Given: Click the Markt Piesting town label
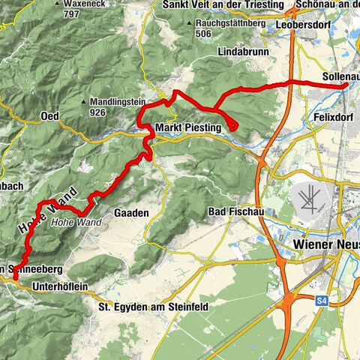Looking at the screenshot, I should [x=188, y=128].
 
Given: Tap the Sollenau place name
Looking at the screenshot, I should [x=338, y=76].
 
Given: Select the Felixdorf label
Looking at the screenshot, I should [x=331, y=118].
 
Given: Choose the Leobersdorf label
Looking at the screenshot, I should [x=305, y=23].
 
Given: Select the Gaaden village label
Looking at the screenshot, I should [x=131, y=213].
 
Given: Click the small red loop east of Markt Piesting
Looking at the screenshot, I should [x=231, y=125].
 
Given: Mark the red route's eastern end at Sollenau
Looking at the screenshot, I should [x=346, y=85].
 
